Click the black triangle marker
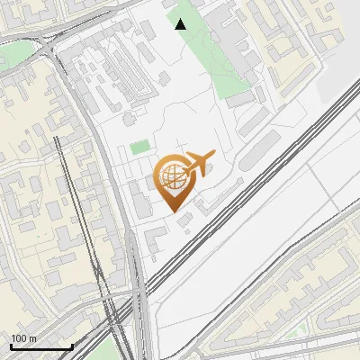point(181,24)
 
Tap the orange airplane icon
point(197,163)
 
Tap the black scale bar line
point(40,346)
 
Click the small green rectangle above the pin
point(139,147)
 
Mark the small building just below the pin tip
point(185,221)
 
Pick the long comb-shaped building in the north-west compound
point(126,72)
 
